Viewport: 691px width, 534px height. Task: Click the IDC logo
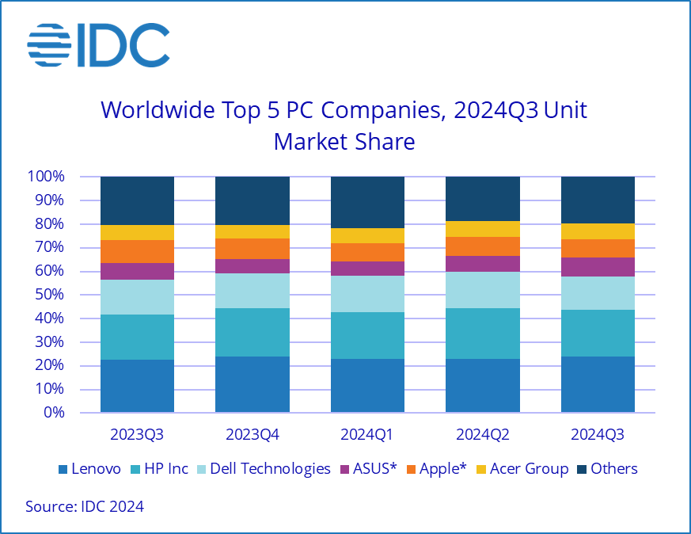98,45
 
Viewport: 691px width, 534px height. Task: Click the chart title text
344,125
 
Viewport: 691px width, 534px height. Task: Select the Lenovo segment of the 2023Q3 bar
137,386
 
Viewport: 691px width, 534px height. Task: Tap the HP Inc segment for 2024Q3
598,333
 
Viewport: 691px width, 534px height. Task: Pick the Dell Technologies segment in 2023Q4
252,291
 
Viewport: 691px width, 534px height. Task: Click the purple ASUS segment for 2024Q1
367,269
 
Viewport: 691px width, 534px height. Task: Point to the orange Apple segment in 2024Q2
483,246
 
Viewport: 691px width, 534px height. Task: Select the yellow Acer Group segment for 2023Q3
137,232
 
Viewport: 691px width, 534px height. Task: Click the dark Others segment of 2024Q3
598,200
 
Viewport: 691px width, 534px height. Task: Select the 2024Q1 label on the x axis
367,434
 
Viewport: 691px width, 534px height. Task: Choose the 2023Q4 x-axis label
252,434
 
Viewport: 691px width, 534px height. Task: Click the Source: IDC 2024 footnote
85,506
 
